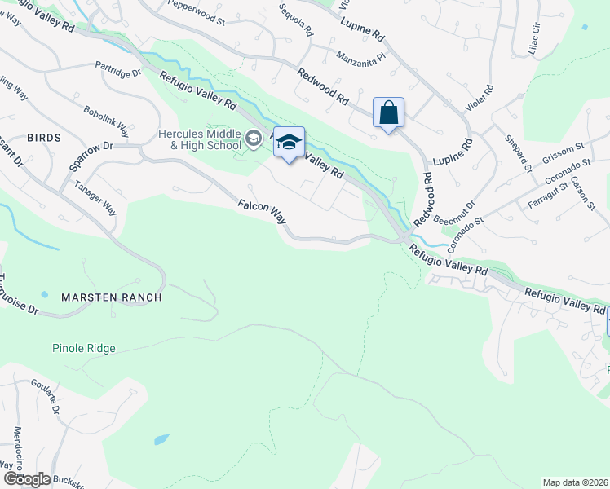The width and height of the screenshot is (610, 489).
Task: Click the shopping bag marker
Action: (x=389, y=112)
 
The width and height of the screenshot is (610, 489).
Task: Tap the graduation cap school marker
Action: (x=288, y=143)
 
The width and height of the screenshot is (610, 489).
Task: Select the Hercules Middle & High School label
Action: (x=199, y=140)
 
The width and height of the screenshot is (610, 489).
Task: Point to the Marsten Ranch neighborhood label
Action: (x=112, y=297)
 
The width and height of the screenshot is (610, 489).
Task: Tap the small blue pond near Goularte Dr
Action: (x=161, y=439)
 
